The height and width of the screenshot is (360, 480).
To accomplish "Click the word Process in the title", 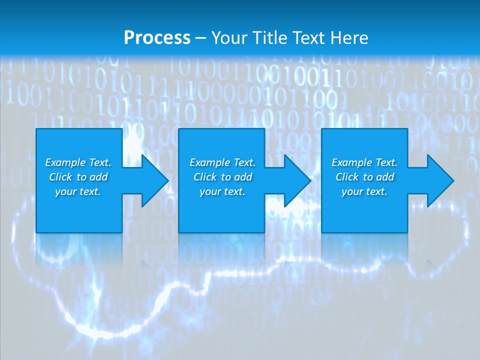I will pyautogui.click(x=157, y=38).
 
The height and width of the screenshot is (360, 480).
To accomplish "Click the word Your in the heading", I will pyautogui.click(x=229, y=38).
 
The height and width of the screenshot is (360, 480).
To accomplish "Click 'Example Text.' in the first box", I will pyautogui.click(x=78, y=162).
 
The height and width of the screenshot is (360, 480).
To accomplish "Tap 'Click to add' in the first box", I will pyautogui.click(x=78, y=177).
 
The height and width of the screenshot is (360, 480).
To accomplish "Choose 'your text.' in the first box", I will pyautogui.click(x=78, y=191).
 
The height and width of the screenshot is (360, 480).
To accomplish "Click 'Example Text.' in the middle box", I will pyautogui.click(x=222, y=162).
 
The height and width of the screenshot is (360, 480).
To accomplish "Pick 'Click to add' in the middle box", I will pyautogui.click(x=222, y=177).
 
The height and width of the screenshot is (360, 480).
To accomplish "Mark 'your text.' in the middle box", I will pyautogui.click(x=222, y=191).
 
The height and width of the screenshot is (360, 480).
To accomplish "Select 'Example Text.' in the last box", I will pyautogui.click(x=364, y=162).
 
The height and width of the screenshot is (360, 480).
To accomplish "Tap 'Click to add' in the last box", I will pyautogui.click(x=364, y=177).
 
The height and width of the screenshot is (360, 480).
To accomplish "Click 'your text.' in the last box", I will pyautogui.click(x=364, y=191).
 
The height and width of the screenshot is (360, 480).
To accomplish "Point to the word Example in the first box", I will pyautogui.click(x=65, y=162).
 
